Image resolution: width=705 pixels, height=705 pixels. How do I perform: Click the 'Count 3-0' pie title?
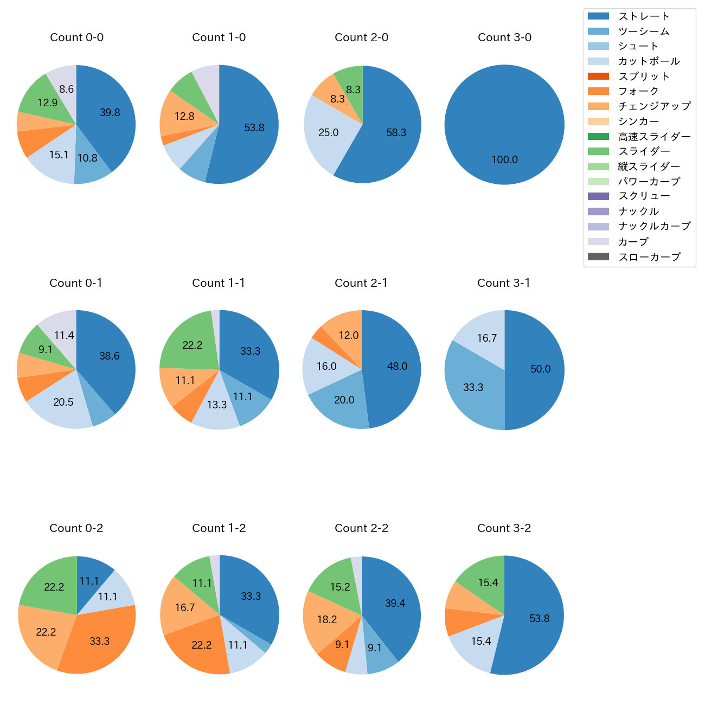[504, 37]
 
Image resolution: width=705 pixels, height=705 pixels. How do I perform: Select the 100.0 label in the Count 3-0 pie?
[504, 159]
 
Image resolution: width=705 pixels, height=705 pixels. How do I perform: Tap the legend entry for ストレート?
[644, 16]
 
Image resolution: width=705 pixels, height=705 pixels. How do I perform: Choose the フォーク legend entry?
[638, 91]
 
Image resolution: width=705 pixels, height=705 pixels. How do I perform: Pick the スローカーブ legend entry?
[649, 257]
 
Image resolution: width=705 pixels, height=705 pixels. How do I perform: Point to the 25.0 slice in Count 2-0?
[329, 132]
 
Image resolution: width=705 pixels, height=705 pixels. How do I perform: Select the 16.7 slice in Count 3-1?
[486, 338]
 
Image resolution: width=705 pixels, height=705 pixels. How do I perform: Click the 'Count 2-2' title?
[362, 528]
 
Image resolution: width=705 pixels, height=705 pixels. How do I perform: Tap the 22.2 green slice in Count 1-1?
[193, 345]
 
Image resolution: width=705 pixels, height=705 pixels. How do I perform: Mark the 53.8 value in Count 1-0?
[254, 128]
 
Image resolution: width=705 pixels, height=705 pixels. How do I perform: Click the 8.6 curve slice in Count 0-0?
[66, 89]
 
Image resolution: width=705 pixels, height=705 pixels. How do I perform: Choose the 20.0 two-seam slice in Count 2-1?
[344, 400]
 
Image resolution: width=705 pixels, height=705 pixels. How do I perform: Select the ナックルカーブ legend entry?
[654, 226]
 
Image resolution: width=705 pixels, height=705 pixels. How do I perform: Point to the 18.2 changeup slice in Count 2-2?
[326, 619]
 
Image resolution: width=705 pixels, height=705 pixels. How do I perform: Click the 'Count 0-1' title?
[76, 283]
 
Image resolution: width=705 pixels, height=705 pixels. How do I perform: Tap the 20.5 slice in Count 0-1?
[63, 402]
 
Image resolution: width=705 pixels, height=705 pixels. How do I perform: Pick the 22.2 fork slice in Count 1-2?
[201, 645]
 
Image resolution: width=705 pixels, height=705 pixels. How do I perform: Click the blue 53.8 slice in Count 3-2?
[539, 618]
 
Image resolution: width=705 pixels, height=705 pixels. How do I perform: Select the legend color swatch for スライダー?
[598, 151]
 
